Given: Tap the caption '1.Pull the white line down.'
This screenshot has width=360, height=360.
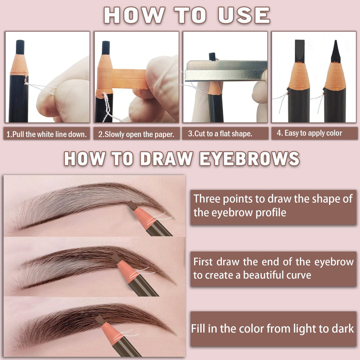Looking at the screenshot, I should point(47,134).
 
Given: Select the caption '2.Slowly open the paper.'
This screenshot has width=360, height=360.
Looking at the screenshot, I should point(136,134).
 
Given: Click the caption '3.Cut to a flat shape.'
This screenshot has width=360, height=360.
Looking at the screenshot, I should point(220,134).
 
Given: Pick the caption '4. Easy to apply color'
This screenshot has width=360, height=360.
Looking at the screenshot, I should point(309,133).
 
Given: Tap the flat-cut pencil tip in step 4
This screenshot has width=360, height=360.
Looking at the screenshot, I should point(299,51).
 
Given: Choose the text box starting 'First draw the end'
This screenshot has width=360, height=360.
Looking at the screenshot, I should point(273,268).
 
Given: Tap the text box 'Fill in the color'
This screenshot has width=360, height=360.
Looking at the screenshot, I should point(273,329).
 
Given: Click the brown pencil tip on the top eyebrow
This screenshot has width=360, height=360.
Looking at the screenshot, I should point(132,206).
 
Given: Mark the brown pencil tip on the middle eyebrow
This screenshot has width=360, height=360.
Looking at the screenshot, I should point(115,258).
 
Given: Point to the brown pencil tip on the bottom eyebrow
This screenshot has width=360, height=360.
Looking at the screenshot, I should point(100,320).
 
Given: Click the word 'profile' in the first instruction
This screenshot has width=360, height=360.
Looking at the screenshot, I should point(270,213).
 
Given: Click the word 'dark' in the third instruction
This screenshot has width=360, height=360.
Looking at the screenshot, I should point(342,329).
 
